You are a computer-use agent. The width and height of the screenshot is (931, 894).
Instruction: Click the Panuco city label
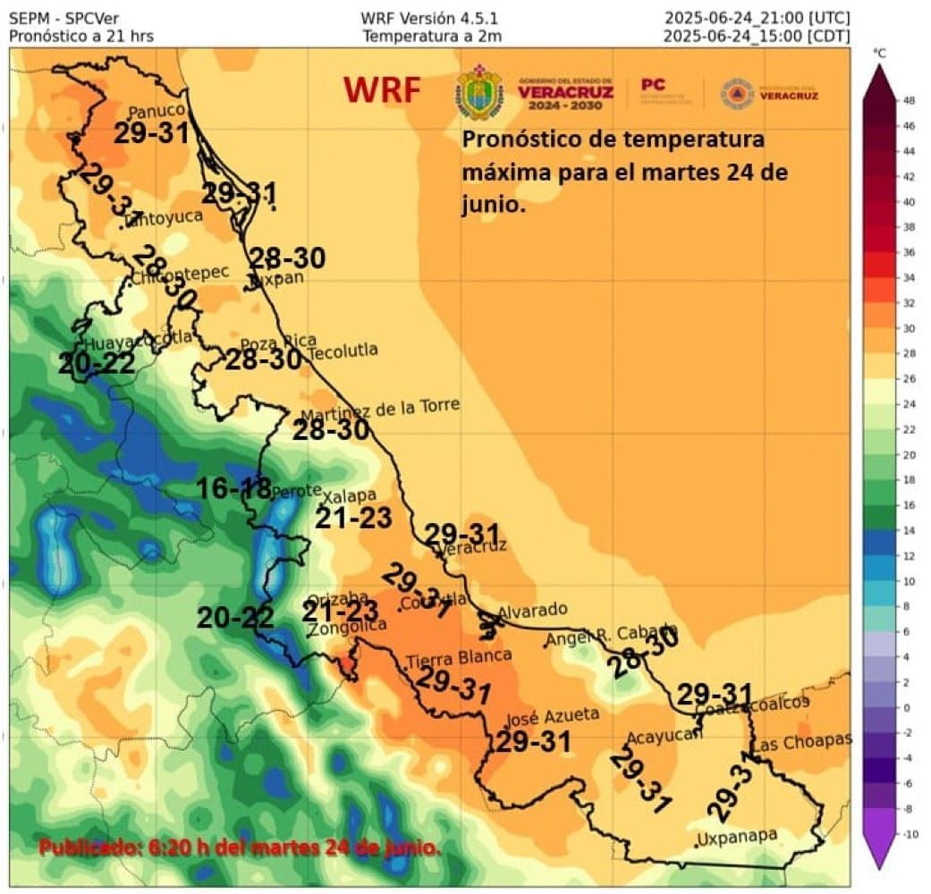pyautogui.click(x=157, y=112)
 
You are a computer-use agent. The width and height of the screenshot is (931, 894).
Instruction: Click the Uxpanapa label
pyautogui.click(x=739, y=838)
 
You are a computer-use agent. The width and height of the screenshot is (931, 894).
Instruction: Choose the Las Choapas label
pyautogui.click(x=801, y=742)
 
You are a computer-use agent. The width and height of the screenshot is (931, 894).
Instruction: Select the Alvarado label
pyautogui.click(x=532, y=611)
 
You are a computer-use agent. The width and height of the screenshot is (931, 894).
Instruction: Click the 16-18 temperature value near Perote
pyautogui.click(x=233, y=488)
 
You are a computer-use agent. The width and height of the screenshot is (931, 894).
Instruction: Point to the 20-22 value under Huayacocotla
pyautogui.click(x=97, y=364)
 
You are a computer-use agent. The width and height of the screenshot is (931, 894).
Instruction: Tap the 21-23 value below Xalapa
pyautogui.click(x=352, y=518)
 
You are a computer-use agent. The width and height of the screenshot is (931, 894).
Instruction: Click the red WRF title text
pyautogui.click(x=382, y=90)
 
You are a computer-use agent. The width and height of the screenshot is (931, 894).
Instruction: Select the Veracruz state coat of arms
pyautogui.click(x=480, y=92)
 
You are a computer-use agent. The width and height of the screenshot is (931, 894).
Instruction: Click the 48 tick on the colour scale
pyautogui.click(x=908, y=101)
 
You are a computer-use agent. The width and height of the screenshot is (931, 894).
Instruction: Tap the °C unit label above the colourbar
pyautogui.click(x=881, y=54)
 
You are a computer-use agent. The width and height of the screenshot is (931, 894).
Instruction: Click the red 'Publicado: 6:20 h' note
pyautogui.click(x=240, y=846)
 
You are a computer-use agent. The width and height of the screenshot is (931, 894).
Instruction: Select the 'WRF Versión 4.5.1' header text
pyautogui.click(x=429, y=18)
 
